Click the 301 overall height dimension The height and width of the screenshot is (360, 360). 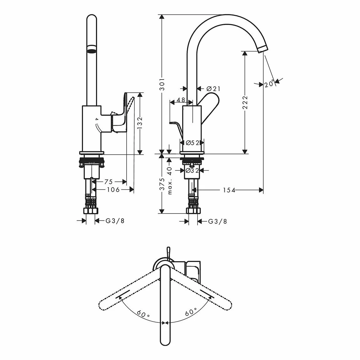click(x=162, y=84)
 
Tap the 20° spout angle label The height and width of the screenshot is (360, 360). click(x=269, y=84)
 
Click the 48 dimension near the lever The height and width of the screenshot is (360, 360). click(x=181, y=100)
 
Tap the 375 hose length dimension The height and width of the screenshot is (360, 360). click(x=162, y=185)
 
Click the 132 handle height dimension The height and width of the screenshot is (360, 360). click(x=140, y=123)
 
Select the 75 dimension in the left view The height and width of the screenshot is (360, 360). click(x=108, y=182)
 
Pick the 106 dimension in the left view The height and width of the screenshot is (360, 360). click(x=113, y=190)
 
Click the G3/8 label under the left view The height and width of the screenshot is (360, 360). click(x=115, y=221)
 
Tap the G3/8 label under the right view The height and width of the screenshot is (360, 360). click(x=217, y=222)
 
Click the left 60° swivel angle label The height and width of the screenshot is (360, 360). click(x=143, y=313)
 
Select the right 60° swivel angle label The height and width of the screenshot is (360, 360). click(x=191, y=312)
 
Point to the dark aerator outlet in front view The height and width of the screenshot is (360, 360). click(x=92, y=49)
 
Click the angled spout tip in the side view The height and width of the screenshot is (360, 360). click(x=263, y=49)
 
